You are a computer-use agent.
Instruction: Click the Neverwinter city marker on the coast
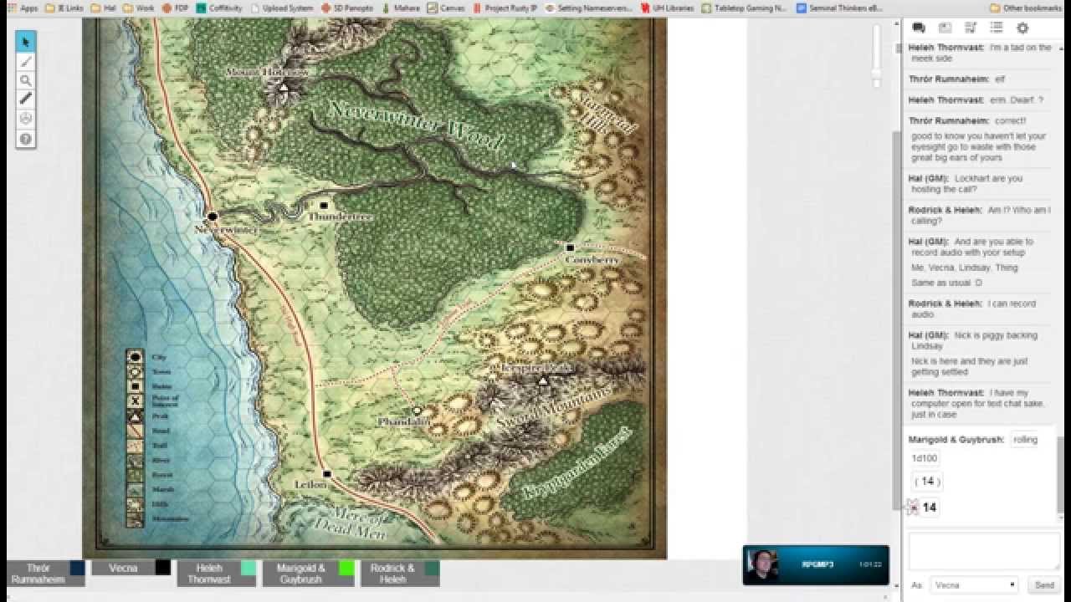click(213, 217)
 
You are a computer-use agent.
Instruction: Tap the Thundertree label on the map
click(340, 217)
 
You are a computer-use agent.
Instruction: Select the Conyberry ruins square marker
click(570, 247)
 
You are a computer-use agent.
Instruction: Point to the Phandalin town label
click(403, 422)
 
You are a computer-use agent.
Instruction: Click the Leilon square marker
click(327, 474)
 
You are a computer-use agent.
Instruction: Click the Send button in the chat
click(1043, 585)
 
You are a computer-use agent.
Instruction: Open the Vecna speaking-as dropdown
click(974, 585)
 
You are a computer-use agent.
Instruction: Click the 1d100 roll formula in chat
click(925, 458)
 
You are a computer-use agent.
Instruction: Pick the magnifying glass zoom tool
click(26, 80)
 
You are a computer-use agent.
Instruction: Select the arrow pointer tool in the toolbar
click(26, 42)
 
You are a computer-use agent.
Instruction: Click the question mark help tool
click(26, 139)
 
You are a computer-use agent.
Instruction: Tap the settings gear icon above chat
click(1022, 28)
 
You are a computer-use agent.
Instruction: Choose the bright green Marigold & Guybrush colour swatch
click(346, 569)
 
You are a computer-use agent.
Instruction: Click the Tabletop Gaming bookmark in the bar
click(745, 8)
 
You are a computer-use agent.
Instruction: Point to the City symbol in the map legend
click(135, 357)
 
